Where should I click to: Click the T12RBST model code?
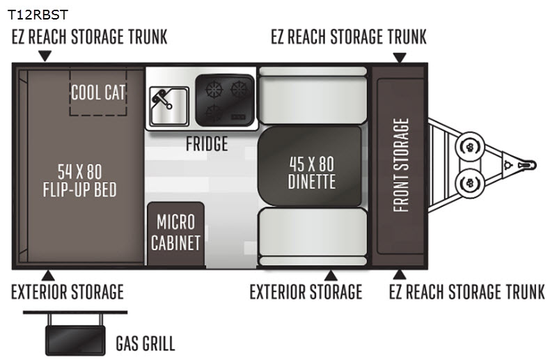tap(38, 14)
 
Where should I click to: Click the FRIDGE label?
tap(207, 144)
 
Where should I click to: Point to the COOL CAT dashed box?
tap(97, 92)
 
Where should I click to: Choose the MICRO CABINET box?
tap(175, 233)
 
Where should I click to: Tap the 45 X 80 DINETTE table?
tap(311, 172)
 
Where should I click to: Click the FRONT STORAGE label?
tap(401, 165)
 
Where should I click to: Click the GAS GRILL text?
tap(145, 343)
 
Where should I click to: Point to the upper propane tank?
tap(469, 147)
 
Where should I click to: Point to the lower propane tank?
tap(469, 183)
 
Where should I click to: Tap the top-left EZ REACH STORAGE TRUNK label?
tap(89, 37)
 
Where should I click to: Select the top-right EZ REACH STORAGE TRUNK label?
tap(348, 37)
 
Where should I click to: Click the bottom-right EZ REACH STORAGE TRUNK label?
tap(466, 292)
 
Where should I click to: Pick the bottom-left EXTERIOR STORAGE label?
tap(67, 292)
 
